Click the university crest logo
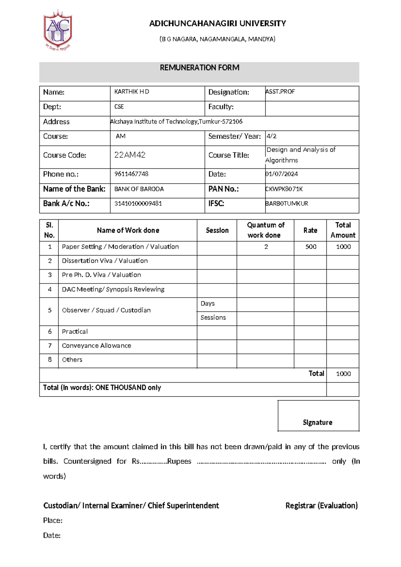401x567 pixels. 58,30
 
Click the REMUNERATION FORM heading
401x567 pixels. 199,68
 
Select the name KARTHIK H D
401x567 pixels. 132,92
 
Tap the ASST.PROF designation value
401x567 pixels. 280,92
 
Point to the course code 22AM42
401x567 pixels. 130,155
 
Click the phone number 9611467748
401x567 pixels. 131,174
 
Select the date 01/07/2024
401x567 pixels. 281,174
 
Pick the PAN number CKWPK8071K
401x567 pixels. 284,189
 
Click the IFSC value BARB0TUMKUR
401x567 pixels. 286,203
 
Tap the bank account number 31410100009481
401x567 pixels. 138,203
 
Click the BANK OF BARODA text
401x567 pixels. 139,189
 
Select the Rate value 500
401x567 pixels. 311,247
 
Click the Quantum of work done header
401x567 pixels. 265,230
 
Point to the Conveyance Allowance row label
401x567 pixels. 96,346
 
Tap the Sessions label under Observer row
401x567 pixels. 213,318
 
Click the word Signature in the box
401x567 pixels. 317,423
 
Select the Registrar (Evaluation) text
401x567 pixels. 321,505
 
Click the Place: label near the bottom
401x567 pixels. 53,521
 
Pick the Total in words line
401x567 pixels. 102,387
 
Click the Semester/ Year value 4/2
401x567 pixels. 271,136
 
